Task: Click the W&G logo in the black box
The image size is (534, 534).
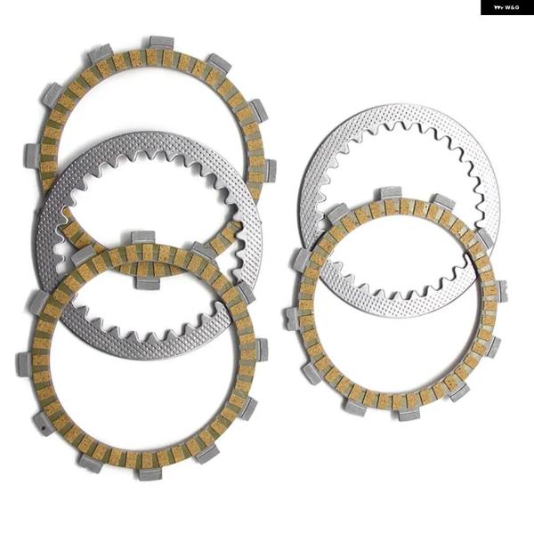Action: point(506,7)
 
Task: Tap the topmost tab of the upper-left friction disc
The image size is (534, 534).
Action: point(162,42)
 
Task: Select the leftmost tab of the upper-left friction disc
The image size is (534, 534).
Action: point(31,154)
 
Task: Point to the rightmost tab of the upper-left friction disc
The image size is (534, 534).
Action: point(270,169)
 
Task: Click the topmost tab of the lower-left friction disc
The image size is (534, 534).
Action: point(142,238)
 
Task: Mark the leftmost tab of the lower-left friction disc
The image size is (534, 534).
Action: point(24,364)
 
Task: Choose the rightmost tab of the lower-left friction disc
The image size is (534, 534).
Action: point(262,350)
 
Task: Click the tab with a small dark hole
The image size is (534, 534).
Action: point(44,424)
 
